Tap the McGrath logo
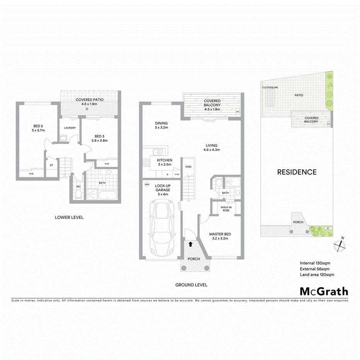click(x=324, y=292)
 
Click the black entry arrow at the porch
click(x=191, y=244)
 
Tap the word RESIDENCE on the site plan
click(x=297, y=172)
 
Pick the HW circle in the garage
click(x=147, y=185)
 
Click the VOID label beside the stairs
click(x=188, y=167)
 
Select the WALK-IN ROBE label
click(x=226, y=209)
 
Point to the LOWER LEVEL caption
click(x=69, y=217)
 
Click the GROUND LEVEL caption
click(x=191, y=285)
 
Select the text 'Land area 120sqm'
click(x=317, y=275)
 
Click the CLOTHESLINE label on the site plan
click(x=270, y=88)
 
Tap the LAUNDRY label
click(x=70, y=128)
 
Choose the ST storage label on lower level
click(x=51, y=165)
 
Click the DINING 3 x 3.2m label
click(x=161, y=126)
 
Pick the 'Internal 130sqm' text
click(x=315, y=263)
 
